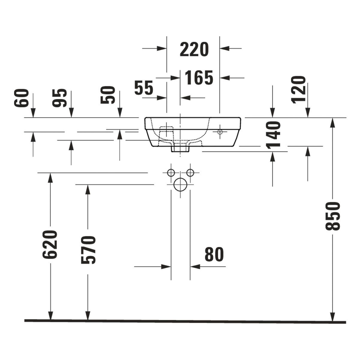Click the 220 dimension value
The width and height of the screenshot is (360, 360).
194,49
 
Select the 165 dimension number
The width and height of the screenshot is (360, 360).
199,77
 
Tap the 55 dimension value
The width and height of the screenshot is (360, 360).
144,88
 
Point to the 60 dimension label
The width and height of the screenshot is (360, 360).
22,98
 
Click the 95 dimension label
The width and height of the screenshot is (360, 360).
59,98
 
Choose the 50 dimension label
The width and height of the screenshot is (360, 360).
108,95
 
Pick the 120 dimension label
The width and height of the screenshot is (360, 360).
298,90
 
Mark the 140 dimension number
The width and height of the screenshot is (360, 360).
273,135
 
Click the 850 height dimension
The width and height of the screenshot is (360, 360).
332,216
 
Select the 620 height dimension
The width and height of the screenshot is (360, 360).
50,245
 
